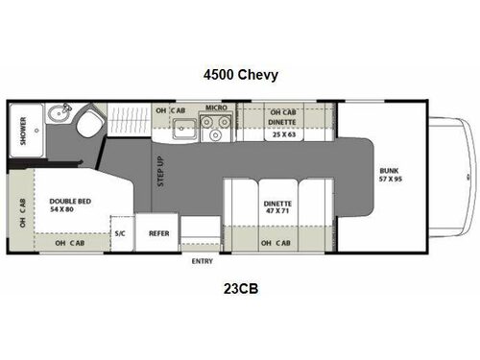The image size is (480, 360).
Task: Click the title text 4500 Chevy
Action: point(240,75)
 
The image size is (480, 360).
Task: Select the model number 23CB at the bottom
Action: point(240,286)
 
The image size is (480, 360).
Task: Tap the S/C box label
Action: point(121,233)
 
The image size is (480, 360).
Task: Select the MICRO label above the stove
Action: point(215,110)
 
